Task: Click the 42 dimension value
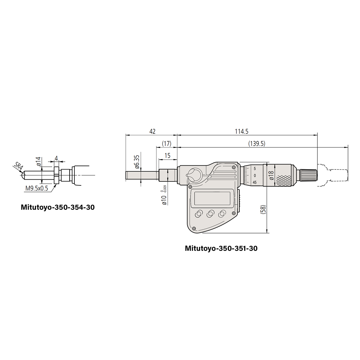tap(152, 131)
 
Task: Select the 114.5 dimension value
tap(241, 131)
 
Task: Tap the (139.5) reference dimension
tap(257, 143)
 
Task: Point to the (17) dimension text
tap(166, 143)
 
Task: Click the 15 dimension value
tap(167, 155)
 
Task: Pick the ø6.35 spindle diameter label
tap(137, 162)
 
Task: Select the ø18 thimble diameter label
tap(271, 175)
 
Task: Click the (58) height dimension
tap(263, 210)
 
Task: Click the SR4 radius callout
tap(18, 166)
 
